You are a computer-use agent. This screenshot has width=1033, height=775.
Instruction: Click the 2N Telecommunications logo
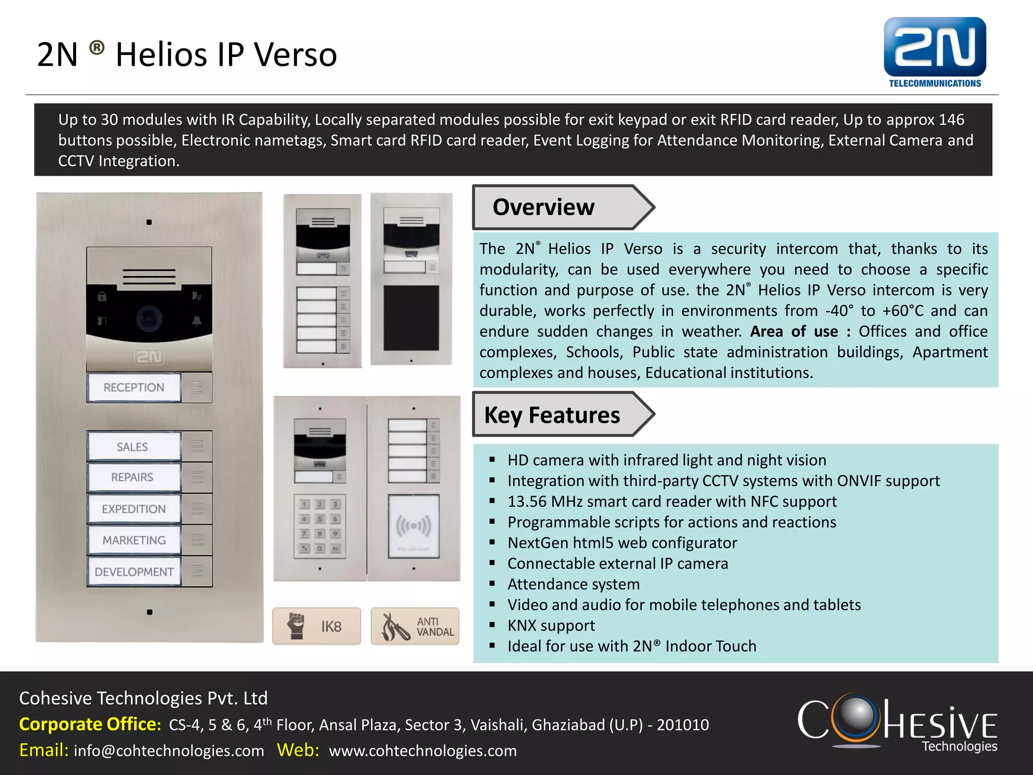(x=935, y=52)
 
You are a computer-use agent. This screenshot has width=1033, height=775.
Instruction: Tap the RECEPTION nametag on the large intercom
(x=134, y=387)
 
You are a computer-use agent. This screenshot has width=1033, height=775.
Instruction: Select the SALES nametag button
(x=133, y=447)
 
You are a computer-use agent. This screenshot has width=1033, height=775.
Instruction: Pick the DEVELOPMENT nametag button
(x=134, y=572)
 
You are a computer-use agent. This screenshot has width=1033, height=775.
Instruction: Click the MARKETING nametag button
(x=134, y=540)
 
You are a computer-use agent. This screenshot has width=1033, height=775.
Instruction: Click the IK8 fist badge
(x=317, y=626)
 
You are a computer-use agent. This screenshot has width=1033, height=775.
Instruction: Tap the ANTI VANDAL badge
(x=415, y=626)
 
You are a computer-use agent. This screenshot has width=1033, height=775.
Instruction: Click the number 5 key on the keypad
(x=320, y=519)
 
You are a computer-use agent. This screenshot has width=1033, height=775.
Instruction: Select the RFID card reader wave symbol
(x=413, y=526)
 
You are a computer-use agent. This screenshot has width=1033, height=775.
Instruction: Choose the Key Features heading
(x=552, y=415)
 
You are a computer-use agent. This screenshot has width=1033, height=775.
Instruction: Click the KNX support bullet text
(x=551, y=626)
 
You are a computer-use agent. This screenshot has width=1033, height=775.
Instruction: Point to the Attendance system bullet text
(x=573, y=584)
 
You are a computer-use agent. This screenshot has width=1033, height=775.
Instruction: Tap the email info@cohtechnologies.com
(x=168, y=751)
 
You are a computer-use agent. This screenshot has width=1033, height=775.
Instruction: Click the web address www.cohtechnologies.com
(x=422, y=751)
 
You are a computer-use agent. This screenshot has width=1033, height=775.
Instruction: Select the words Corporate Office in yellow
(x=90, y=725)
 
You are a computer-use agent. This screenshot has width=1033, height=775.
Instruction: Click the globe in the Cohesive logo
(x=855, y=715)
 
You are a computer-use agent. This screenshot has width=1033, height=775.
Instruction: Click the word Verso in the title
(x=295, y=54)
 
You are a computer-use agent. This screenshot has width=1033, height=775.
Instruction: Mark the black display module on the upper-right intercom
(x=411, y=318)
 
